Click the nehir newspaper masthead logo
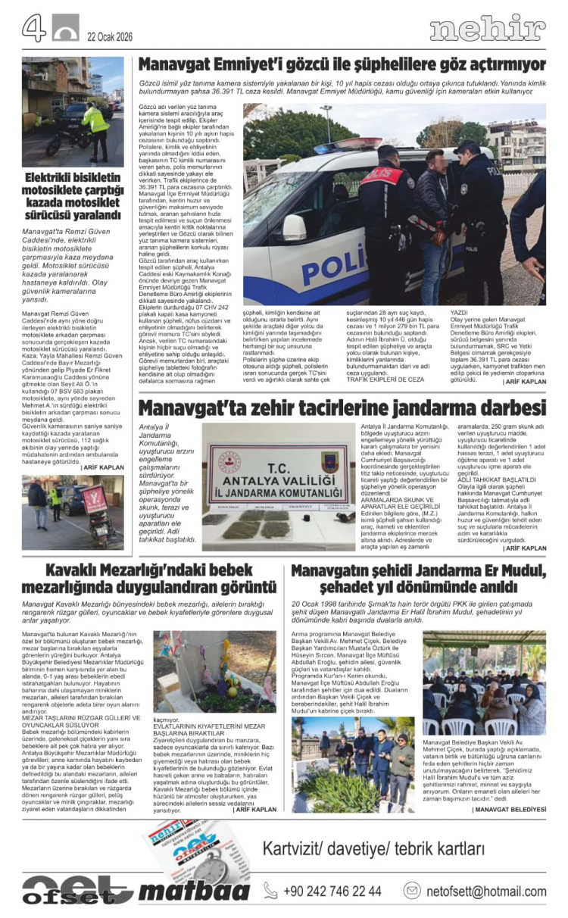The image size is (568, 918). click(x=487, y=29)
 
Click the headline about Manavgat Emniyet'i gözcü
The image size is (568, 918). click(x=342, y=64)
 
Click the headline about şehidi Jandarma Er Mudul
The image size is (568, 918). click(x=418, y=579)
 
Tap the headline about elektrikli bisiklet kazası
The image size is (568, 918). click(x=72, y=197)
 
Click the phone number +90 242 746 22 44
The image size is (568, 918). click(x=332, y=891)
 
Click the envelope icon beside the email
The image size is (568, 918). click(x=412, y=891)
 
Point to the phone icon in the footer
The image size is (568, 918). click(x=270, y=891)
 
